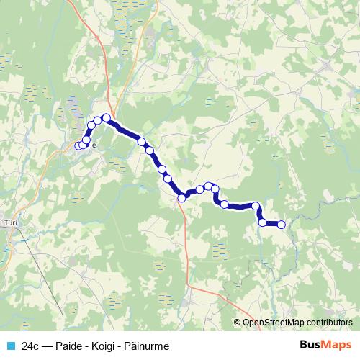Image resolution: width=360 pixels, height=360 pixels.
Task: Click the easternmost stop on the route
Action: [x=282, y=225]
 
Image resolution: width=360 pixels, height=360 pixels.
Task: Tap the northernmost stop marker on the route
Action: [x=106, y=117]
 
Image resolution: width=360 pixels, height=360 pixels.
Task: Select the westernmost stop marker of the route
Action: [x=78, y=146]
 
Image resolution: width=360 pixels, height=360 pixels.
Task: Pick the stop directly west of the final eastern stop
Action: [x=263, y=222]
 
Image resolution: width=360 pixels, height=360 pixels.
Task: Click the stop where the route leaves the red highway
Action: [x=182, y=197]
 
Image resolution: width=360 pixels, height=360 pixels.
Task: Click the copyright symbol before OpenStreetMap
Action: [x=237, y=323]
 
